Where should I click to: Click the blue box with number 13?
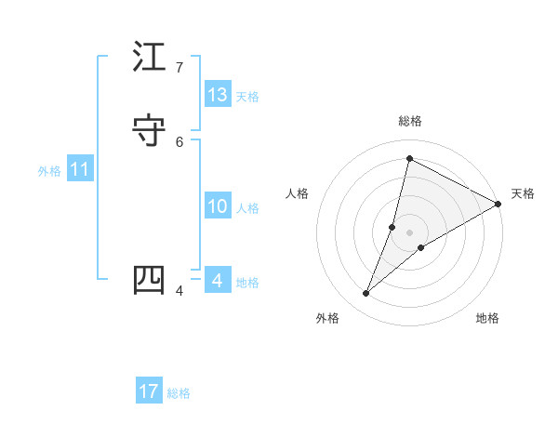click(x=218, y=95)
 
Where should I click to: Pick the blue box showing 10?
click(x=218, y=206)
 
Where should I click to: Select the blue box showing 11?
click(x=80, y=169)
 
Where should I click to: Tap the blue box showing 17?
click(x=149, y=391)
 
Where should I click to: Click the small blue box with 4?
click(x=218, y=280)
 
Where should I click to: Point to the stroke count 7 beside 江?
click(x=179, y=68)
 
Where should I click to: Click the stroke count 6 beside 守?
click(x=179, y=142)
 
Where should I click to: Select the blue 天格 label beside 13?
click(x=247, y=97)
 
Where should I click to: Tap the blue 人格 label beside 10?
click(x=247, y=208)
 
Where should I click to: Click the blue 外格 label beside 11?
click(x=49, y=171)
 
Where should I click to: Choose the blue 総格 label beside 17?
click(x=179, y=393)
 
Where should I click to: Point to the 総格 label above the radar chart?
click(x=410, y=121)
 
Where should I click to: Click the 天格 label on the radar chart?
click(x=523, y=193)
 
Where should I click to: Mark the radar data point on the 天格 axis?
click(x=498, y=204)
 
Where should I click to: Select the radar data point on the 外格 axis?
click(x=366, y=294)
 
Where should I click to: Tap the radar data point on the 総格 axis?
click(x=409, y=158)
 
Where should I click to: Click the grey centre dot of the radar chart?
click(x=409, y=232)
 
